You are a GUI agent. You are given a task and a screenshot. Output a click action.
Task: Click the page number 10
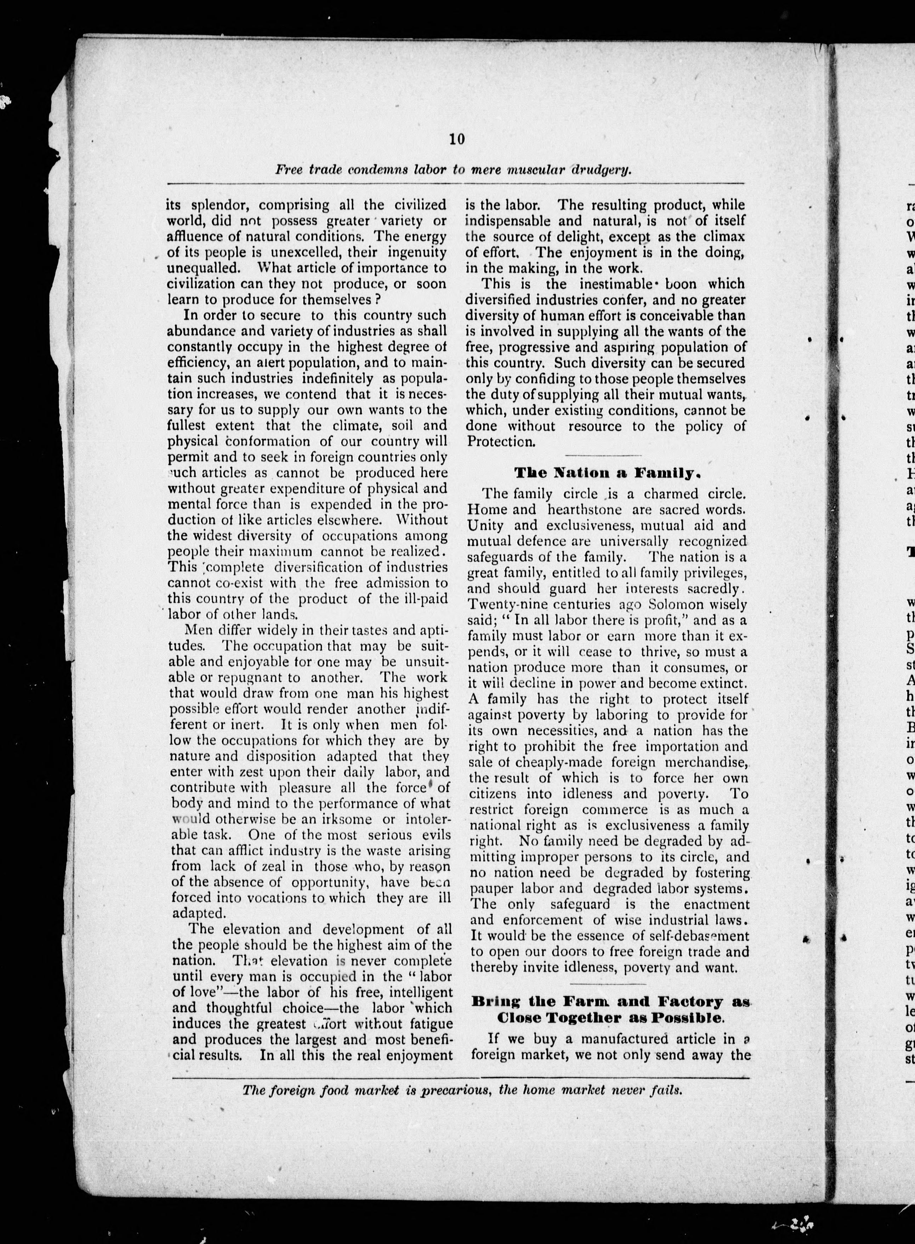click(x=457, y=139)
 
